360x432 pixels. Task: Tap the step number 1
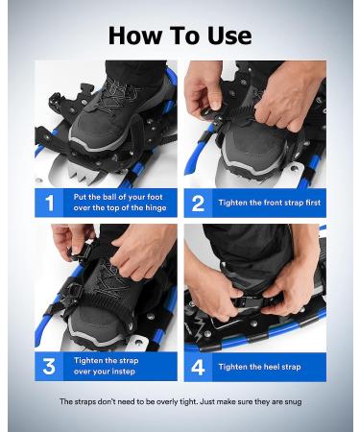(x=49, y=203)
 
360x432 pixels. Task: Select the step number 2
(x=198, y=204)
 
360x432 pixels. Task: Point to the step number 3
(x=49, y=367)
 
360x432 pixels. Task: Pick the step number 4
(x=198, y=367)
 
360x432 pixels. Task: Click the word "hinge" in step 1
(x=156, y=208)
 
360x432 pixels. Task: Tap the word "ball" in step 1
(x=109, y=197)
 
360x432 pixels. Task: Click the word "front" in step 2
(x=274, y=203)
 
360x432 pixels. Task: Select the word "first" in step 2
(x=311, y=203)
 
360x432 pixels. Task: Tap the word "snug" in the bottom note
(x=294, y=402)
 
